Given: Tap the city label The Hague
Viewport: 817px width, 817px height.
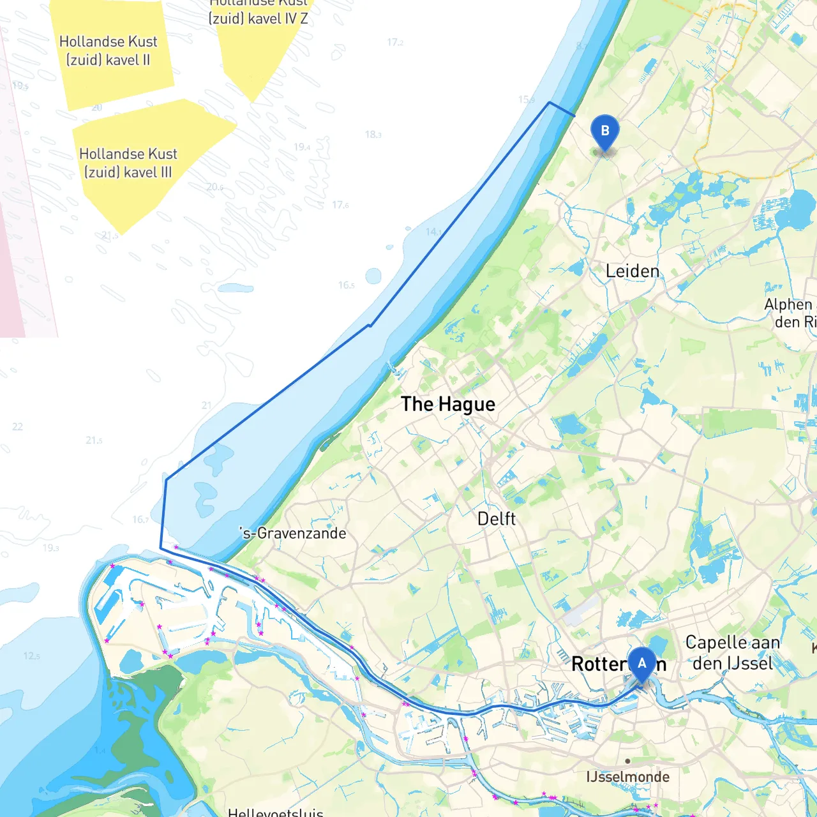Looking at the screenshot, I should point(448,404).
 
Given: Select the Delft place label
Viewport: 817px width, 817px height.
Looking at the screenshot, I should point(497,519).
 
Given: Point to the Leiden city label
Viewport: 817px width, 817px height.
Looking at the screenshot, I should point(633,271).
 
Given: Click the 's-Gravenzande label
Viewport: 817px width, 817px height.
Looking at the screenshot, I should point(293,533).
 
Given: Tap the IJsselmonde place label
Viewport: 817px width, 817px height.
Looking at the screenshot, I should point(628,777).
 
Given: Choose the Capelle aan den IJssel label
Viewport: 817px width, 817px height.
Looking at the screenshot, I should point(733,652).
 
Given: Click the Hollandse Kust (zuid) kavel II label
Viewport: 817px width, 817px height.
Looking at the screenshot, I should point(109,51).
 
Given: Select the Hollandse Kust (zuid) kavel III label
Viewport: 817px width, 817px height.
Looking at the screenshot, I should point(128,163).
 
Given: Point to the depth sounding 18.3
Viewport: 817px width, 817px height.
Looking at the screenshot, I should point(373,135).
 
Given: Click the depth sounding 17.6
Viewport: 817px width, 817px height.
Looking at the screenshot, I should point(340,205).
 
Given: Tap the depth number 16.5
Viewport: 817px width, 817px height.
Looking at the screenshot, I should point(347,285).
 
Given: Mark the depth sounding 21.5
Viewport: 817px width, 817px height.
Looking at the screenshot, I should point(94,440).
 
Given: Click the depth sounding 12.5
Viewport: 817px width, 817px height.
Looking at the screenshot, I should point(32,656).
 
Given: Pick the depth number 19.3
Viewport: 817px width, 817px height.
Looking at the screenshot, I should point(51,548).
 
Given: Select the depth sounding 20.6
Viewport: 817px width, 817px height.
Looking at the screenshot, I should point(215,187).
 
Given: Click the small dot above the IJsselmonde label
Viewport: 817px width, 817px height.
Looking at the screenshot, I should point(628,761).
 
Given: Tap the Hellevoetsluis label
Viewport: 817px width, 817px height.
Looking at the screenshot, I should point(276,813).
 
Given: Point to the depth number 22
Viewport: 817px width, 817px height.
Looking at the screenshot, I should point(17,426).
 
